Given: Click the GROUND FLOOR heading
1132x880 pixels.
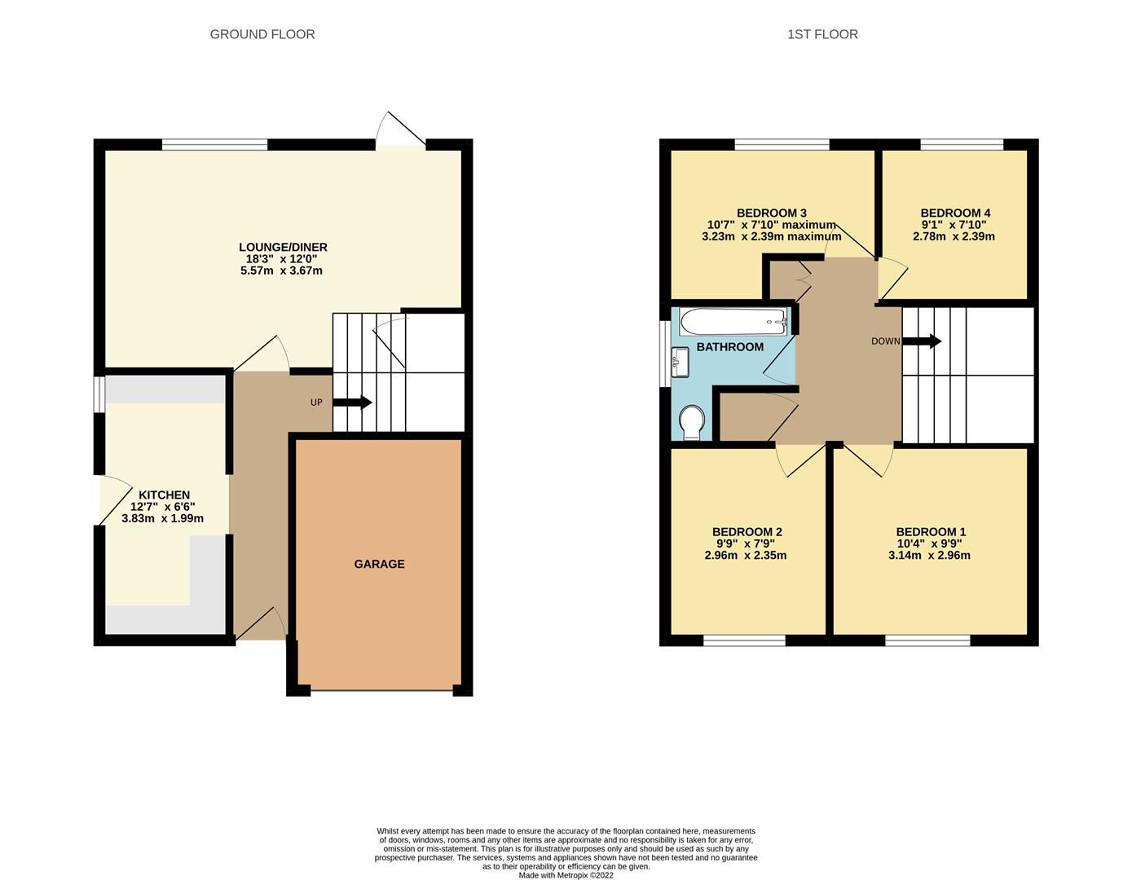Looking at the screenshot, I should tap(262, 34).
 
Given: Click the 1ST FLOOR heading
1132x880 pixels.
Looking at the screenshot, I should tap(822, 34).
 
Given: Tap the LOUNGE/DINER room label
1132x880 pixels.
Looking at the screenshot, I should tap(283, 247).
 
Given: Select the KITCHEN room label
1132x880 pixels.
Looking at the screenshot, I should tap(164, 495).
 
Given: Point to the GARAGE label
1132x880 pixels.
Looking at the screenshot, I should tap(379, 564).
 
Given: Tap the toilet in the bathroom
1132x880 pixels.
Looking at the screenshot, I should tap(692, 422).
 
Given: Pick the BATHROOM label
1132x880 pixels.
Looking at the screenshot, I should tap(729, 347).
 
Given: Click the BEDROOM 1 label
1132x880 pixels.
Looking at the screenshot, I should tap(931, 532).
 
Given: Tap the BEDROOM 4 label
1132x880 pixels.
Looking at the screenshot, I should tap(955, 213).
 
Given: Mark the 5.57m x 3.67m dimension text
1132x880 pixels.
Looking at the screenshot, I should tap(281, 271).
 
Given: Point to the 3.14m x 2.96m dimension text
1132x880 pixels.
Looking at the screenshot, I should tap(929, 556).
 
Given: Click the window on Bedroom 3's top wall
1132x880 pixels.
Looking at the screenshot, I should tap(782, 145).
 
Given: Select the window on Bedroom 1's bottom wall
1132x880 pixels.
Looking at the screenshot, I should tap(927, 640).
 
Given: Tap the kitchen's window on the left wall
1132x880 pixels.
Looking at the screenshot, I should tap(99, 394).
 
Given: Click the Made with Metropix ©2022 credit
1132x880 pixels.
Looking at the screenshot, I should tap(566, 875).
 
